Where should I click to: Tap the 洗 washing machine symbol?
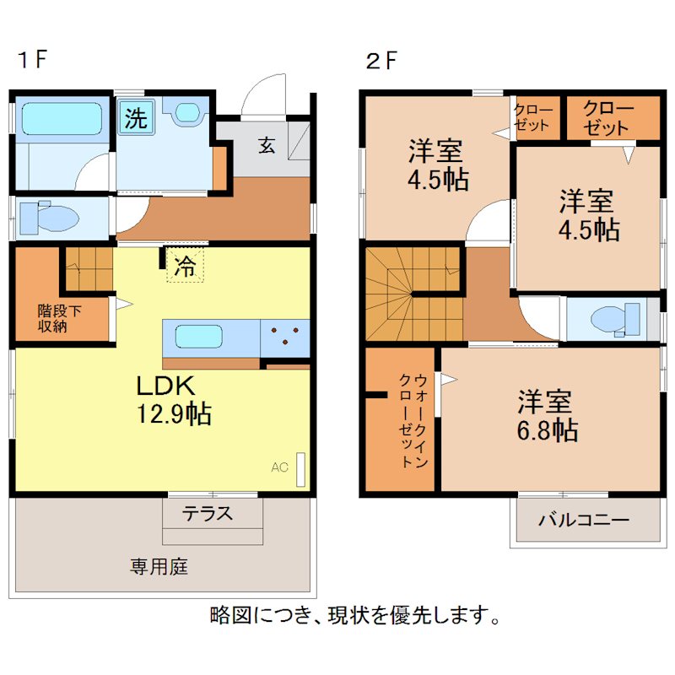pos(135,118)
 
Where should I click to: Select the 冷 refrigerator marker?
pos(184,266)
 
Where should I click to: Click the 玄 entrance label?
pos(266,145)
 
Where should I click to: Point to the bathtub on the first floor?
pos(61,119)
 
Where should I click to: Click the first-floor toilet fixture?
pos(47,218)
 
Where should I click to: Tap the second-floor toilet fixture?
pos(613,319)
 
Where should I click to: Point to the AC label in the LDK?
pos(278,466)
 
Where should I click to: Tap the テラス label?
pos(208,513)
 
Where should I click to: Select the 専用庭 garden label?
pos(159,566)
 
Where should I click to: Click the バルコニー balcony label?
pos(584,520)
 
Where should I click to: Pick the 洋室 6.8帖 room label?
pos(548,416)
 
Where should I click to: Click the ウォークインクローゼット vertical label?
pos(411,419)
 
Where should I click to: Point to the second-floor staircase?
pos(412,291)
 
